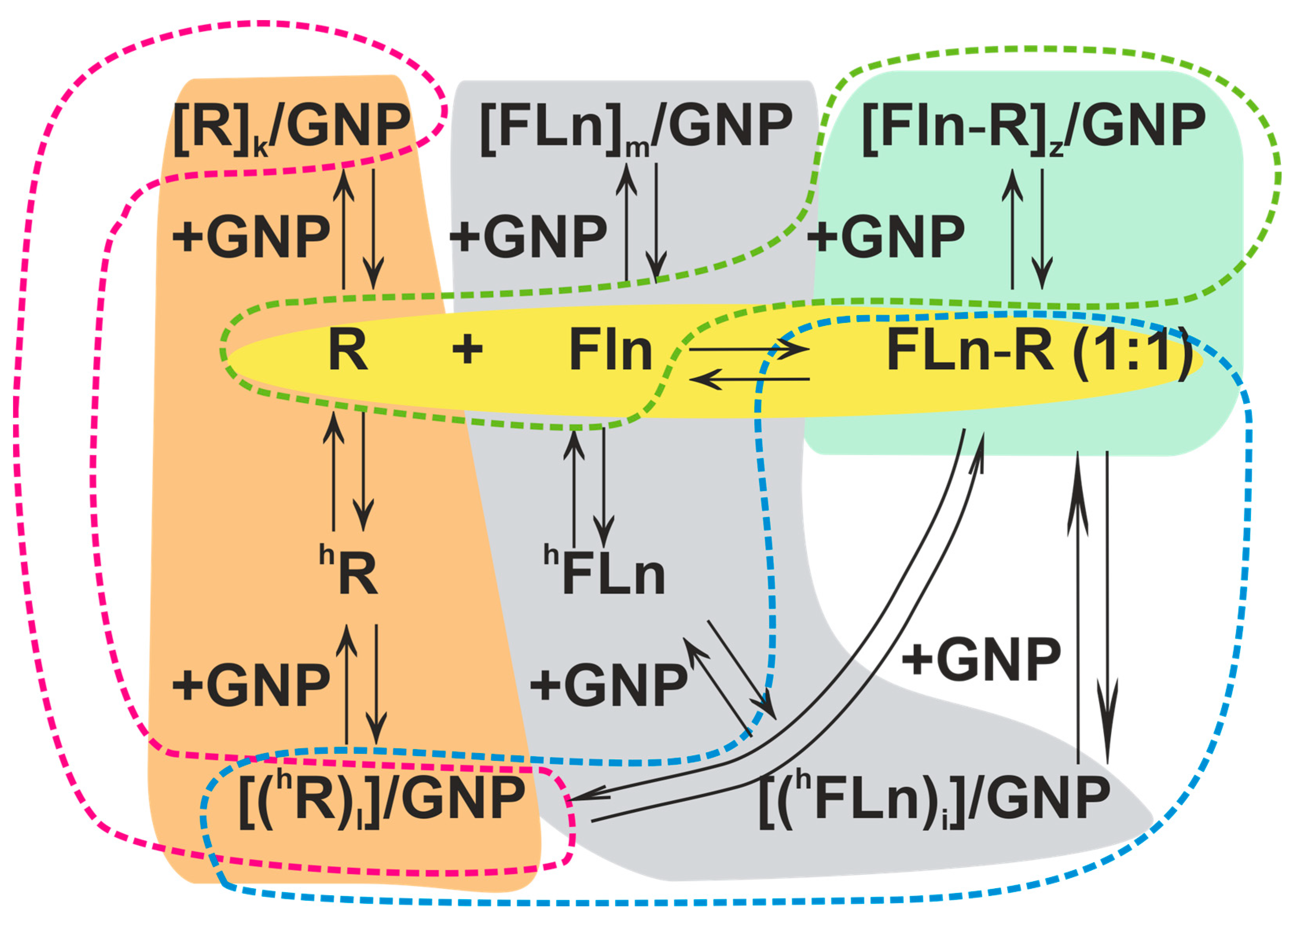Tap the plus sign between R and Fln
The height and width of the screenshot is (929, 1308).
(x=467, y=349)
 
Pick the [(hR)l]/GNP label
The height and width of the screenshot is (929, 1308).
(x=380, y=799)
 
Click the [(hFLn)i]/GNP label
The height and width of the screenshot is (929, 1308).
(x=934, y=799)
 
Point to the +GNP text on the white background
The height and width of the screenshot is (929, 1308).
(x=981, y=660)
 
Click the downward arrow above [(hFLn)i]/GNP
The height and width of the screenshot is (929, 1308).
(x=1107, y=607)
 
